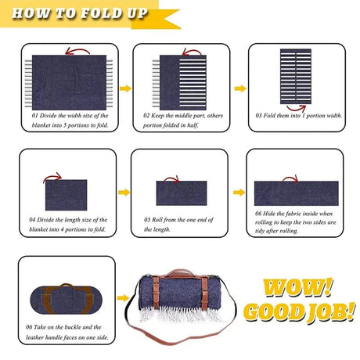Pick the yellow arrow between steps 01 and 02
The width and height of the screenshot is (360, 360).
pos(122,88)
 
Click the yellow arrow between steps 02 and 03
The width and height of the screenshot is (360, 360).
pos(240,88)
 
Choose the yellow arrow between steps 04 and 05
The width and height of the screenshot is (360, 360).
pos(124,191)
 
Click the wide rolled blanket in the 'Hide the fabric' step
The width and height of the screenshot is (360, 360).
pos(296,193)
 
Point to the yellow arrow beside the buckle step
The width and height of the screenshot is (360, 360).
pos(124,297)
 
